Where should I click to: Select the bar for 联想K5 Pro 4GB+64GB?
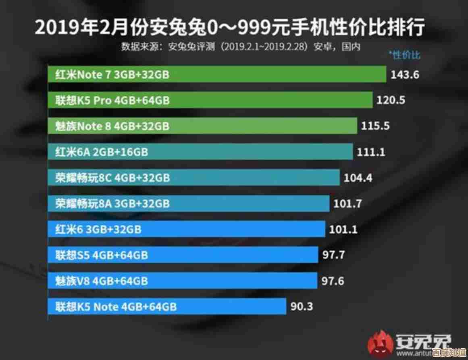[210, 100]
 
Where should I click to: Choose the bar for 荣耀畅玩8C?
[193, 178]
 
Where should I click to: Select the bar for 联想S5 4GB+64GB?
[183, 255]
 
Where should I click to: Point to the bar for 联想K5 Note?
[167, 306]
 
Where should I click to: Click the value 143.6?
[404, 75]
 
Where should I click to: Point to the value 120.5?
[391, 100]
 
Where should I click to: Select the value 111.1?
[371, 152]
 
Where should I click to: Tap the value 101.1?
[343, 230]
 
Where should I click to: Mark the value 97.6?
[333, 281]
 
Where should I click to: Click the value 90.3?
[302, 307]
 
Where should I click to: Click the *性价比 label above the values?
[404, 55]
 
